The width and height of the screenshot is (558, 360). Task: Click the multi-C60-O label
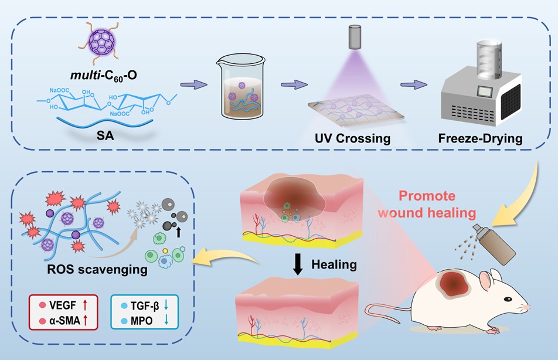(x=104, y=76)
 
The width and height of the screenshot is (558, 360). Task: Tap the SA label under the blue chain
(x=106, y=135)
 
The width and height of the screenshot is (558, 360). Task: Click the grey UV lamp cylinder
(x=354, y=37)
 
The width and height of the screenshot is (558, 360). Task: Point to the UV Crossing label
(x=352, y=138)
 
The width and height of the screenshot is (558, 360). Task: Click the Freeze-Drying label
(x=480, y=138)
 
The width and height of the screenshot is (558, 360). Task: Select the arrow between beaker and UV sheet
(x=294, y=85)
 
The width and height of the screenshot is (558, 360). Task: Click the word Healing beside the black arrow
(x=334, y=264)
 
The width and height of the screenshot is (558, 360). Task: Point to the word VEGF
(x=63, y=305)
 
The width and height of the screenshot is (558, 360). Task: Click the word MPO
(x=141, y=321)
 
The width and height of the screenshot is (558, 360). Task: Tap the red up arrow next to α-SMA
(x=85, y=321)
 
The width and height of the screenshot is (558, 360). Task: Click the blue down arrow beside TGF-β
(x=166, y=305)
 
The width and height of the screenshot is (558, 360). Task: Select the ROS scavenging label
(x=97, y=270)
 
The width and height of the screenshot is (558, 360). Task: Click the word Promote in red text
(x=427, y=196)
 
